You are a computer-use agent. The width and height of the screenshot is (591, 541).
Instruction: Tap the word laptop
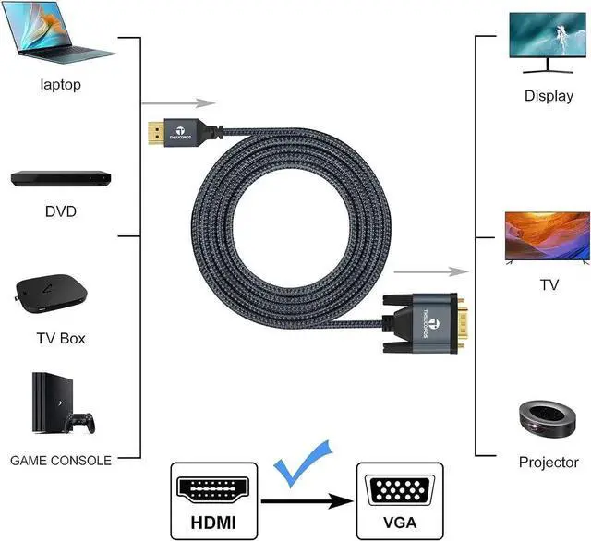coord(61,85)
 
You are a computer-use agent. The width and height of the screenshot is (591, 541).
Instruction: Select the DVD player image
coord(61,177)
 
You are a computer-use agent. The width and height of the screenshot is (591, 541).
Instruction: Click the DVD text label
coord(61,211)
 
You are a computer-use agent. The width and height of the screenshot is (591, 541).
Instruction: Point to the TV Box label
coord(60,338)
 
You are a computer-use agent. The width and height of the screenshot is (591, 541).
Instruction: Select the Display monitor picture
coord(548,42)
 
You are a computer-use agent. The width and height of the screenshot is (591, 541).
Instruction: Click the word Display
coord(549,95)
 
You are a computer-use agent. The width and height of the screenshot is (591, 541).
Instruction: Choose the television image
coord(548,238)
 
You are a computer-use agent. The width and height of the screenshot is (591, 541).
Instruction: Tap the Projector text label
coord(549,462)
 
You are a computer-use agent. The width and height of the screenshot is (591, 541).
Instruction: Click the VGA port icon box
coord(395,498)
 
